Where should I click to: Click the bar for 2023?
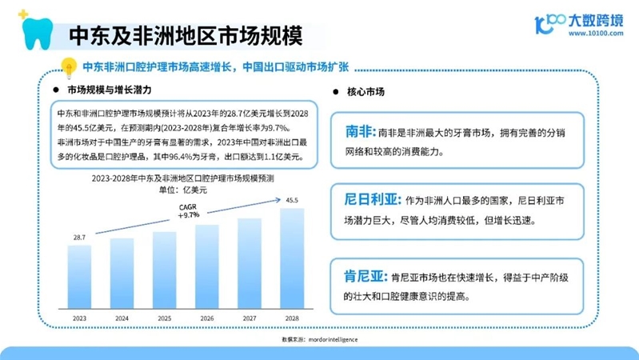(79, 277)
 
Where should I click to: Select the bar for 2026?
(207, 266)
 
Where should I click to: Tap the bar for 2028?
(292, 258)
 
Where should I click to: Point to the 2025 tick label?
(164, 318)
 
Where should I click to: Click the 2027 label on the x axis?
(250, 318)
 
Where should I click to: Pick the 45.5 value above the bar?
(292, 200)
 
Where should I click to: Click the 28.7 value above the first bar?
(79, 238)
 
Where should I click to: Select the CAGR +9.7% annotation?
(188, 210)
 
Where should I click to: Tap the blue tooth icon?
(38, 34)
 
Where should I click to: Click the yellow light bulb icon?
(69, 67)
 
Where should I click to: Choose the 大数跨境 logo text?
(595, 20)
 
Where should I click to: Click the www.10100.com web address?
(596, 34)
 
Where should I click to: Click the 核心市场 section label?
(365, 92)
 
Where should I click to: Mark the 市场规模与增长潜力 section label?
(110, 90)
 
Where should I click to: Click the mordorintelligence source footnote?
(320, 339)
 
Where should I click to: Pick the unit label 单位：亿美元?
(183, 190)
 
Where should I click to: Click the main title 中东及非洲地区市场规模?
(186, 35)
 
